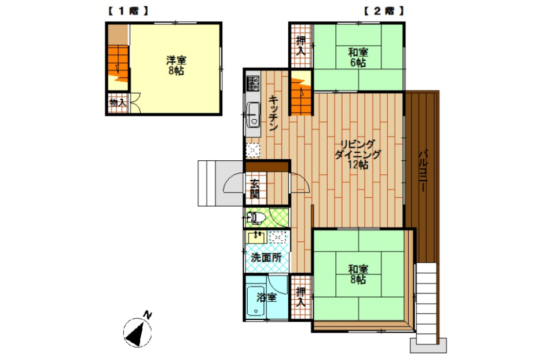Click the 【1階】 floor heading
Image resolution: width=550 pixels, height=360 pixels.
(127, 11)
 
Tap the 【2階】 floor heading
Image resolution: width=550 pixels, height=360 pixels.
(383, 11)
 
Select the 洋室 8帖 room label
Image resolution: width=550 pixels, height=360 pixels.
(176, 65)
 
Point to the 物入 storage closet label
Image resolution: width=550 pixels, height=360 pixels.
(118, 103)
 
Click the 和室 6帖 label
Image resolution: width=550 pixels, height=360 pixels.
(358, 57)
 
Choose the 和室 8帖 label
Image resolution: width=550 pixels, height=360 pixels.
(358, 274)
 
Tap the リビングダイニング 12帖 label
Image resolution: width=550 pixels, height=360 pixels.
(358, 155)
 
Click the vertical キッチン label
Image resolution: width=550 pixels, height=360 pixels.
(273, 113)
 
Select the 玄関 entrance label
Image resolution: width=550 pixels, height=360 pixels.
(255, 189)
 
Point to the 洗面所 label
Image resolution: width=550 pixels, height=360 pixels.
(266, 258)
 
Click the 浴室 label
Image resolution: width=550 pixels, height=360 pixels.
(266, 297)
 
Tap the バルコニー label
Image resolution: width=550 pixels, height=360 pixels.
(424, 170)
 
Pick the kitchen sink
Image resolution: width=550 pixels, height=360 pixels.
(253, 115)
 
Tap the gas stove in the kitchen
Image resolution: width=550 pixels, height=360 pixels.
(253, 83)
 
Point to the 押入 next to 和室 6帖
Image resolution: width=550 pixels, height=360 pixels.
(300, 46)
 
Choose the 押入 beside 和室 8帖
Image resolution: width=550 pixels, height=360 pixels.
(300, 297)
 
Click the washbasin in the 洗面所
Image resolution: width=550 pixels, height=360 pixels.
(256, 237)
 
